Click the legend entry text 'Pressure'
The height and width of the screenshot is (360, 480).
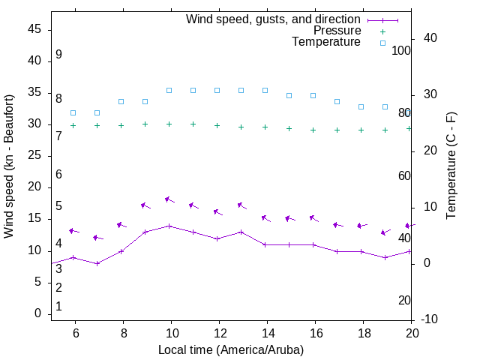click(337, 31)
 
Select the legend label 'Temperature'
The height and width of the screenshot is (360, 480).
click(326, 42)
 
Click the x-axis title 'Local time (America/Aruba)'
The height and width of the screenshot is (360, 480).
click(231, 349)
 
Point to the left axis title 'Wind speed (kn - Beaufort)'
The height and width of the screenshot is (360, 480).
click(9, 166)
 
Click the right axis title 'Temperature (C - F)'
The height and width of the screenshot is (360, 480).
click(451, 166)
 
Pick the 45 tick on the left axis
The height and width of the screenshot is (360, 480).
click(35, 29)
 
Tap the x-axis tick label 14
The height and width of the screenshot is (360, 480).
click(268, 333)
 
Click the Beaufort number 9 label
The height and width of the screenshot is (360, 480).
click(58, 55)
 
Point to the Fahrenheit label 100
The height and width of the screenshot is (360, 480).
click(401, 50)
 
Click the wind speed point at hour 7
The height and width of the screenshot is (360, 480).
click(97, 263)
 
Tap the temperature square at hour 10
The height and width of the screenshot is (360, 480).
click(169, 90)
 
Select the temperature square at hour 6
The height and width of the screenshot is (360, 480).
click(73, 112)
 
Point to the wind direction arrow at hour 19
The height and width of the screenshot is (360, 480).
click(385, 232)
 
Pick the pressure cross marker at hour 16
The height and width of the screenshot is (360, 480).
click(313, 130)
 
